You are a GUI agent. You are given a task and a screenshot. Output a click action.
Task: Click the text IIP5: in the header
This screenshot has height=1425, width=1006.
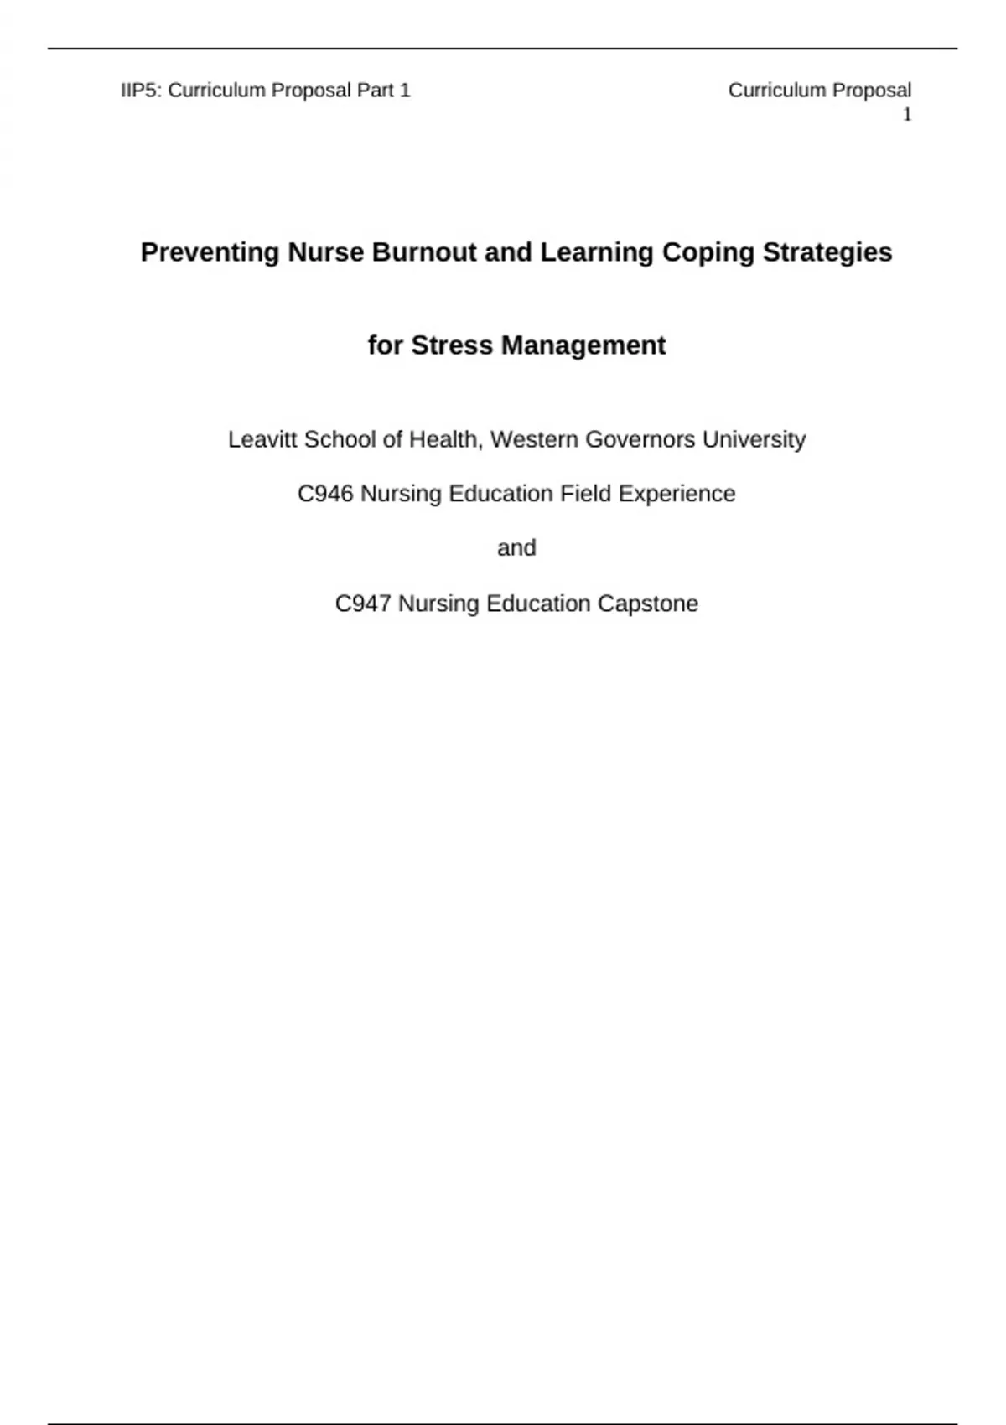tap(142, 91)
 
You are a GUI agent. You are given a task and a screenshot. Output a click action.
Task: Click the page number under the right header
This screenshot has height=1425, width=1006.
tap(906, 115)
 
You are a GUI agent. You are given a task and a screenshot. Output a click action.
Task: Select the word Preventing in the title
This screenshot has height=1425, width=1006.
tap(210, 252)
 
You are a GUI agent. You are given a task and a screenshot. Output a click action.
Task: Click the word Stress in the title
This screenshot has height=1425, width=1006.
tap(452, 345)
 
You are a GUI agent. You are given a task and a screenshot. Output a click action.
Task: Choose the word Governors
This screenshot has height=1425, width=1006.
tap(640, 439)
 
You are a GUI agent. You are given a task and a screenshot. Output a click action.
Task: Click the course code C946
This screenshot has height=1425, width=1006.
tap(325, 494)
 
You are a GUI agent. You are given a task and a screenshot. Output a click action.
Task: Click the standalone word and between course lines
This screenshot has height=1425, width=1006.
tap(516, 548)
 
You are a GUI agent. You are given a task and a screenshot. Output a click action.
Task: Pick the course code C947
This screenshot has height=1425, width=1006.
tap(363, 604)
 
